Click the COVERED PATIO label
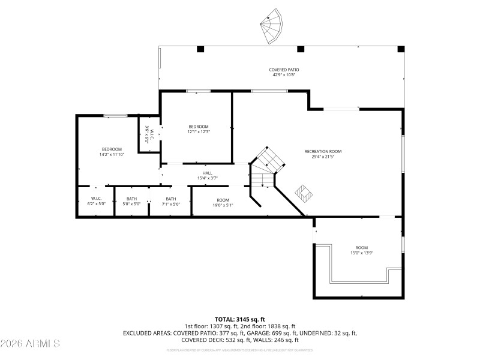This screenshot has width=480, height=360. tap(284, 70)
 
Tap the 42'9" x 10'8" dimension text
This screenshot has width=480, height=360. tap(284, 75)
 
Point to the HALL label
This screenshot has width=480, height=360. tap(207, 173)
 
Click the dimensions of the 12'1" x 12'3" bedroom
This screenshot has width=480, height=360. tap(199, 131)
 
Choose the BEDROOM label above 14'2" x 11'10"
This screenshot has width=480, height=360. tap(112, 149)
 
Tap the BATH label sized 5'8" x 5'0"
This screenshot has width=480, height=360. tap(132, 199)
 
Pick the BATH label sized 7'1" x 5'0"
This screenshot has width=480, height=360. tap(171, 199)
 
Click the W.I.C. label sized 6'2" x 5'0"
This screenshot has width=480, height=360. tap(96, 199)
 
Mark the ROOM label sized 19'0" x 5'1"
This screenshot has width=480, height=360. tap(223, 200)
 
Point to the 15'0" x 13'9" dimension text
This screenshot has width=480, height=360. tap(361, 253)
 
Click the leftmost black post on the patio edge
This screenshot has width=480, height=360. tap(200, 49)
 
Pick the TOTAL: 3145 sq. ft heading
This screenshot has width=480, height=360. tap(240, 319)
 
